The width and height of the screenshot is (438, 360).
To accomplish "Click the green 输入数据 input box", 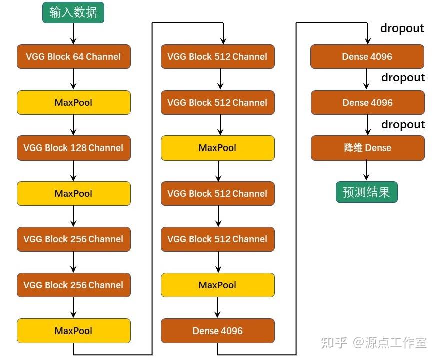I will tap(73, 12).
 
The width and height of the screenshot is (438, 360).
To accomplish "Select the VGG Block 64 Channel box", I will tap(73, 56).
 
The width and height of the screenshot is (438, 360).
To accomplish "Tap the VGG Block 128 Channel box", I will tap(73, 148).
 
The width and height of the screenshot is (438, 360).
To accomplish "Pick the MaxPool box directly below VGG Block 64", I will tap(73, 102).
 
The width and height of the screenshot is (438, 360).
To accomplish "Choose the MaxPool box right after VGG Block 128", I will tap(73, 193).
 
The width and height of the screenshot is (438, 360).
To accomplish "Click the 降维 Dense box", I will tap(367, 148).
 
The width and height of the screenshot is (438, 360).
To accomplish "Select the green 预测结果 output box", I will tap(366, 192).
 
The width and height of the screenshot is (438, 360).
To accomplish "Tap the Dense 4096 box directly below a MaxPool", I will tap(217, 331).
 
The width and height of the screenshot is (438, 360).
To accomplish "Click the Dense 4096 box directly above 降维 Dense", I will tap(367, 102).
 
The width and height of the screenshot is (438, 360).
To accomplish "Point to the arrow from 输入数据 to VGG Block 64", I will tap(73, 33).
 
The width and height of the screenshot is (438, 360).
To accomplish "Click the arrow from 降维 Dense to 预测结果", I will tap(366, 170).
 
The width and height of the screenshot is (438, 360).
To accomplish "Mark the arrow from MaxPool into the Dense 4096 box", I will tap(217, 307).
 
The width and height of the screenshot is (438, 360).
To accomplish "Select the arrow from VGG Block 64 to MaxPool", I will tap(73, 79).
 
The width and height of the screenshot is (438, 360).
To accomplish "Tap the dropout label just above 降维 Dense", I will tap(403, 124).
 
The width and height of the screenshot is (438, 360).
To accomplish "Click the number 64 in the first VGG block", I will tap(78, 56).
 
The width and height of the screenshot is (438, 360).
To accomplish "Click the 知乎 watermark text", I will tap(334, 343).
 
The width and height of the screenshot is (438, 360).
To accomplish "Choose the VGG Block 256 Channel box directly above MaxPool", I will tap(73, 285).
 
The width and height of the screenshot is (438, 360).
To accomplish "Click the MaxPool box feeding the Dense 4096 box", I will tap(217, 285).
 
